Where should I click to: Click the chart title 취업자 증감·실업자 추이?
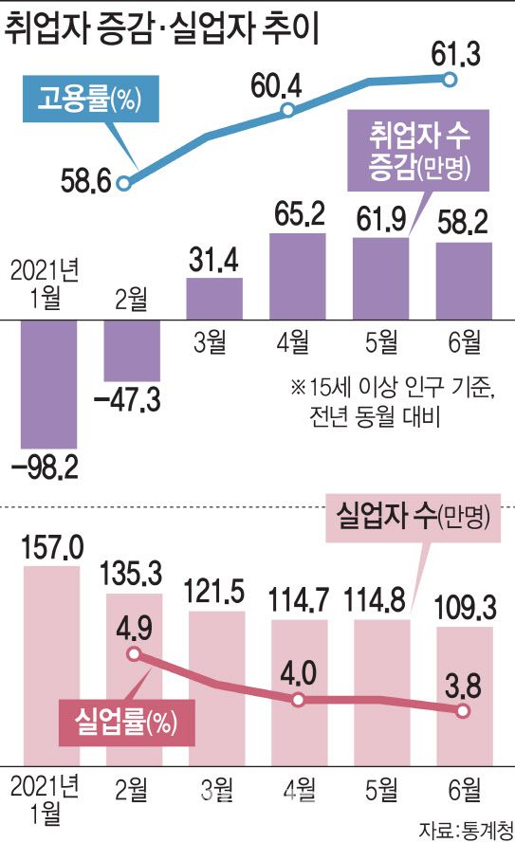point(161,30)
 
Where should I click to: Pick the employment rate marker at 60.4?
point(288,112)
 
